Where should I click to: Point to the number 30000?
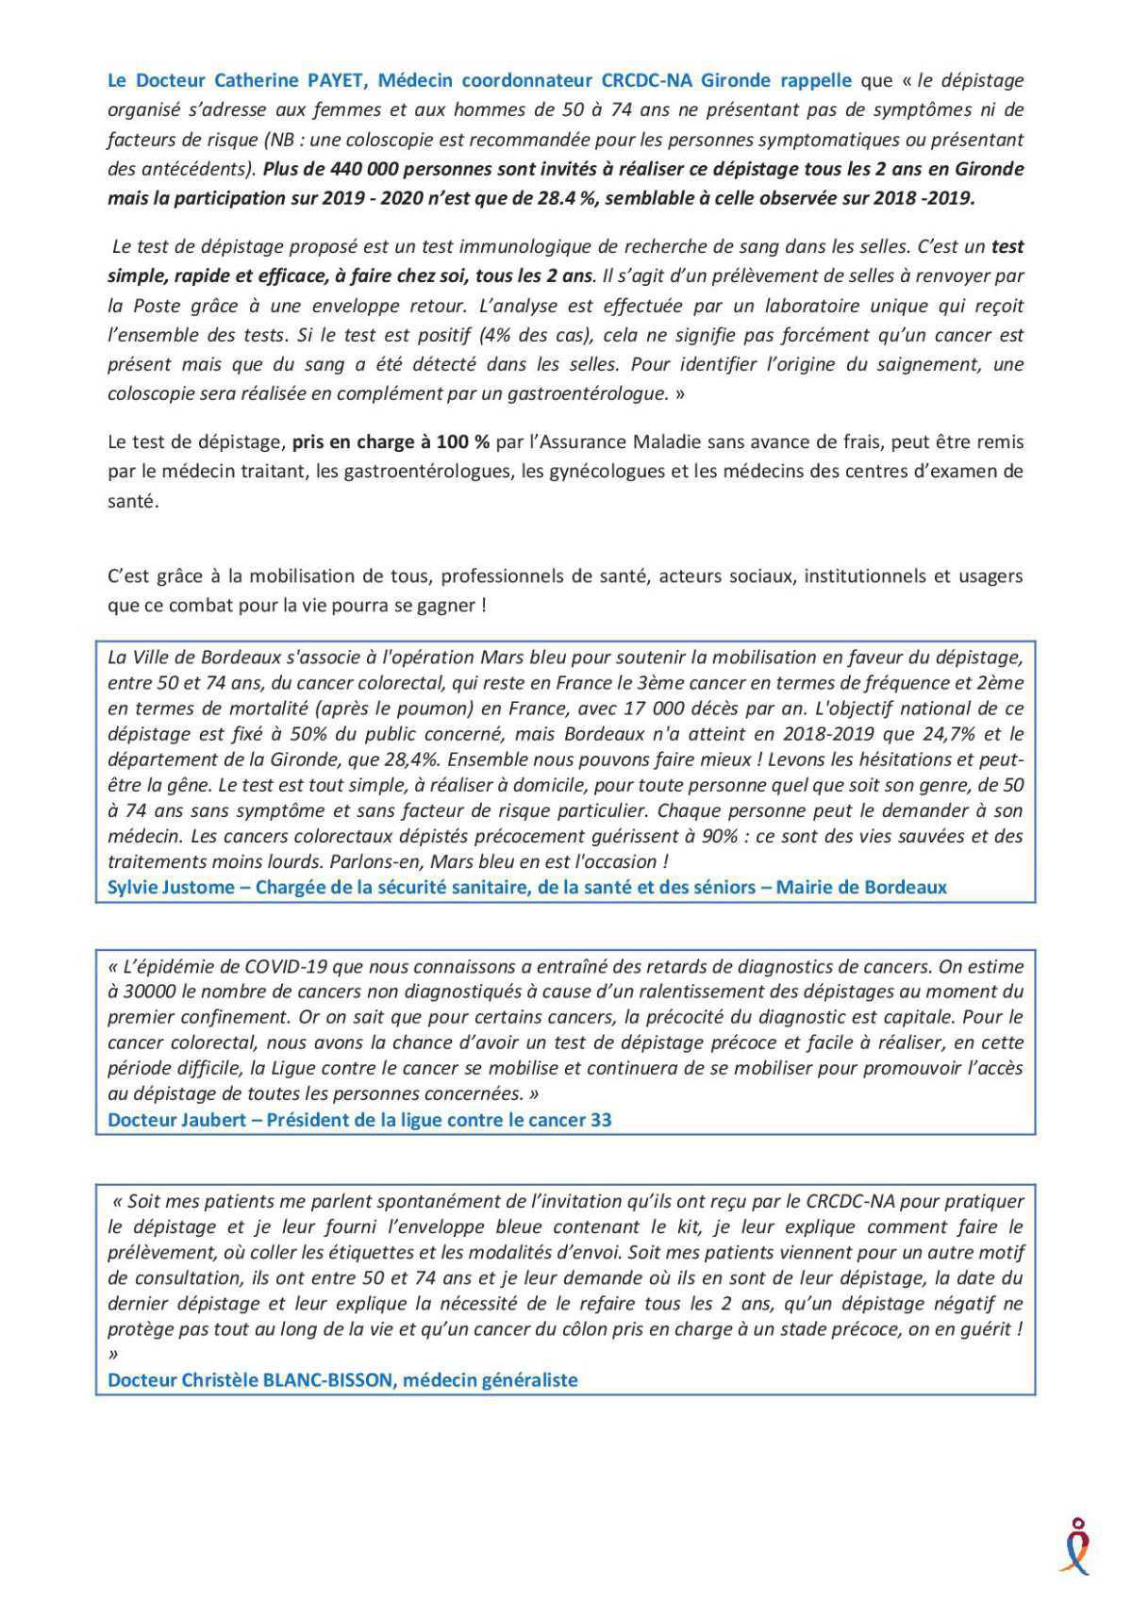[x=151, y=992]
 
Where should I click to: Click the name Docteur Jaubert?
[x=180, y=1120]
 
